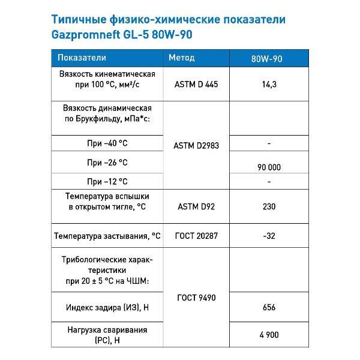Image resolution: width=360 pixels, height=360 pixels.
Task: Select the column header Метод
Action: point(181,58)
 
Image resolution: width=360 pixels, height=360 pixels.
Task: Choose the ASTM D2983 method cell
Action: point(196,145)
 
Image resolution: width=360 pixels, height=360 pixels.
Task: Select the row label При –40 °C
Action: point(107,143)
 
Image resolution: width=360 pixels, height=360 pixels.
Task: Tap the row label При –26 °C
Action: point(107,163)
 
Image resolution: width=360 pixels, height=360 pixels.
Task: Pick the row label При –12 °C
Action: point(107,181)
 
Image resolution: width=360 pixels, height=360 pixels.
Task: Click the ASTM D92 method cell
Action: point(196,206)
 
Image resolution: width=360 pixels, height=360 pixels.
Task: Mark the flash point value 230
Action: point(269,206)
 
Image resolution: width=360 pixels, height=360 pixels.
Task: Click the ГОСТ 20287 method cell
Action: point(196,236)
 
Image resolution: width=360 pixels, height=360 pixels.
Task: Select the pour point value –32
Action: point(269,236)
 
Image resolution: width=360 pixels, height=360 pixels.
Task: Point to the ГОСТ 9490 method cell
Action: point(196,297)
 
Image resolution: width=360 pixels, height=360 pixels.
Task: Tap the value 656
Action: point(269,307)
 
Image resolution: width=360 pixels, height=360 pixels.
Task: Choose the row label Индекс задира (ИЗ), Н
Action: point(107,307)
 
